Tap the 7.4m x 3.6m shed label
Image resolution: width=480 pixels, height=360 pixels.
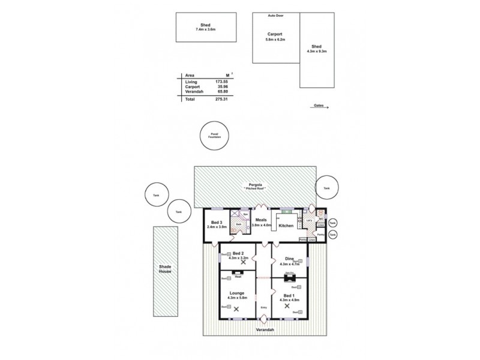point(205,29)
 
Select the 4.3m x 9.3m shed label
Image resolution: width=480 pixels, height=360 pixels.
point(316,51)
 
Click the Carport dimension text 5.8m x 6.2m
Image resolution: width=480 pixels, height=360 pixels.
point(275,40)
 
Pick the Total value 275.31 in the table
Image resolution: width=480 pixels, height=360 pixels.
point(223,99)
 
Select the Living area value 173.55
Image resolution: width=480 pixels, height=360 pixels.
point(223,81)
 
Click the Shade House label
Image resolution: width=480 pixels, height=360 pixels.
point(165,269)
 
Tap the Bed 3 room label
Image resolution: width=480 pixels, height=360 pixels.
point(217,223)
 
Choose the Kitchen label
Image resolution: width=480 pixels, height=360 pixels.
point(286,226)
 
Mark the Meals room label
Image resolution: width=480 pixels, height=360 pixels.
point(262,220)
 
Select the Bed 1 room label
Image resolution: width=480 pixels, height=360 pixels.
point(289,296)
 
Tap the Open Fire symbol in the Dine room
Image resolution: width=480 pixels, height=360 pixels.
point(289,277)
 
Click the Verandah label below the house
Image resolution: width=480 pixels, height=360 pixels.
point(264,330)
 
